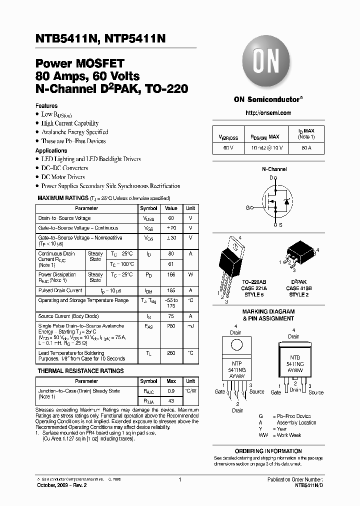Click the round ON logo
pyautogui.click(x=267, y=63)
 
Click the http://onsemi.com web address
pyautogui.click(x=268, y=113)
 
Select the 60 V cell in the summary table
pyautogui.click(x=228, y=148)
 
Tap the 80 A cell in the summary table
pyautogui.click(x=306, y=148)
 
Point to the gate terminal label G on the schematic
pyautogui.click(x=246, y=207)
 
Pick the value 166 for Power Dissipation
pyautogui.click(x=171, y=274)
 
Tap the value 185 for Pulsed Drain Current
pyautogui.click(x=171, y=290)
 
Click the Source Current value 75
pyautogui.click(x=171, y=316)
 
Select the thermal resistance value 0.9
pyautogui.click(x=171, y=391)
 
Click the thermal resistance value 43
pyautogui.click(x=171, y=400)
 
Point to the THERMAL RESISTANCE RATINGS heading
pyautogui.click(x=80, y=371)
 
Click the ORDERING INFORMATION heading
pyautogui.click(x=268, y=451)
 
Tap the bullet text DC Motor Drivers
pyautogui.click(x=63, y=177)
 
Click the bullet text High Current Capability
pyautogui.click(x=70, y=123)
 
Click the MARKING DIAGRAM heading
pyautogui.click(x=268, y=311)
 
